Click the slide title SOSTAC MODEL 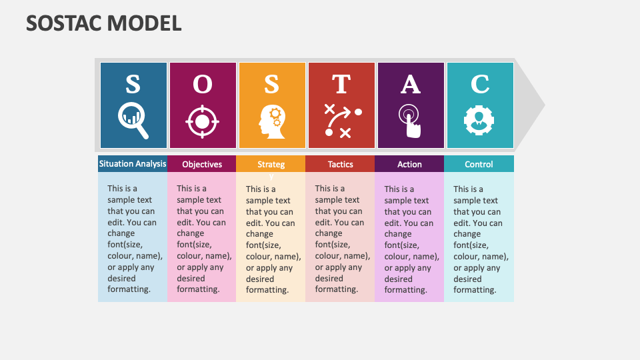pos(104,23)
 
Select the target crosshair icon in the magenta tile pos(203,121)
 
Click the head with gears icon pos(271,121)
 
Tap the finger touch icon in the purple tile pos(411,121)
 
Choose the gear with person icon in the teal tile pos(479,120)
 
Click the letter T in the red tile pos(341,85)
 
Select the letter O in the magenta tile pos(203,85)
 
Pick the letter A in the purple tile pos(411,85)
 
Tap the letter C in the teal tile pos(480,85)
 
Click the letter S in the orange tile pos(271,85)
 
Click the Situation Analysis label pos(133,163)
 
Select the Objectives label pos(202,164)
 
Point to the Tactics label pos(341,164)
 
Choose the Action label pos(409,164)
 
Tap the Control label pos(479,164)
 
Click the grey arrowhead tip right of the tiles pos(537,105)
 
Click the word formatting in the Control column pos(475,290)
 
